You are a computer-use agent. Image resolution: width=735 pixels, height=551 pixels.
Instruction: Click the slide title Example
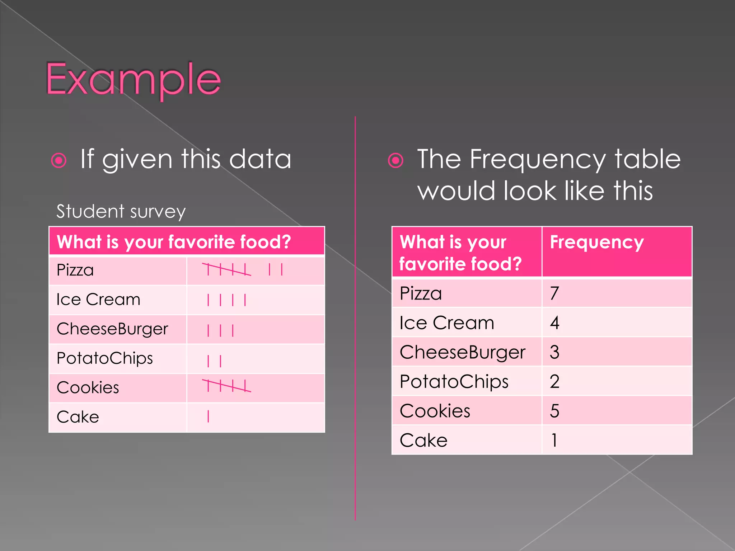pos(133,80)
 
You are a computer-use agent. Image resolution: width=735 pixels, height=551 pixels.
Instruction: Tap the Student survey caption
pos(121,211)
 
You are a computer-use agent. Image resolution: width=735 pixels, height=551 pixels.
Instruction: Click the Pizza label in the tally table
pos(75,270)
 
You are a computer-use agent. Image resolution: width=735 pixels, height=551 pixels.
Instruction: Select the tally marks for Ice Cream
pos(226,300)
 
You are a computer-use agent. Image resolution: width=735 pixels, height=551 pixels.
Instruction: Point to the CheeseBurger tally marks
pos(220,330)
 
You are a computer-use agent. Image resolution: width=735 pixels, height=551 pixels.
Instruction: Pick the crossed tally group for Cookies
pos(226,386)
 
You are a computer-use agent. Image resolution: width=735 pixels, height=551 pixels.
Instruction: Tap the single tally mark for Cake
pos(208,416)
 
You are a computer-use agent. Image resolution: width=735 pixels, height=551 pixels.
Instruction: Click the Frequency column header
pos(597,242)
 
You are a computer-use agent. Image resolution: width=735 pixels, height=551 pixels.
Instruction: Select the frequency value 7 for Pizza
pos(554,293)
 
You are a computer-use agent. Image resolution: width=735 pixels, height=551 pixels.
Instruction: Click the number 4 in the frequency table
pos(554,323)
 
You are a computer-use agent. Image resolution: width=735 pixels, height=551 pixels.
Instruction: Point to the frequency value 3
pos(554,352)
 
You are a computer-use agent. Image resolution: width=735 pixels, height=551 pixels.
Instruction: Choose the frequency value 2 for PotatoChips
pos(554,382)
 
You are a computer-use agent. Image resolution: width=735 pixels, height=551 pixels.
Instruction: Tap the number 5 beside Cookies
pos(554,411)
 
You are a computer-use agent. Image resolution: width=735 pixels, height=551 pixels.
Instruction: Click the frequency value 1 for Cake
pos(554,441)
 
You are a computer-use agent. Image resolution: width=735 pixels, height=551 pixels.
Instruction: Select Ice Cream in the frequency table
pos(447,323)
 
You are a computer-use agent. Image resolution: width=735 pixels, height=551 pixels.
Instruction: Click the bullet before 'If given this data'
pos(59,160)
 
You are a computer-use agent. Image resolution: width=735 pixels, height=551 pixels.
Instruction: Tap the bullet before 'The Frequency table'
pos(395,160)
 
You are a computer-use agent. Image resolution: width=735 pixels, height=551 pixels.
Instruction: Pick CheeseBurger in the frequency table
pos(462,352)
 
